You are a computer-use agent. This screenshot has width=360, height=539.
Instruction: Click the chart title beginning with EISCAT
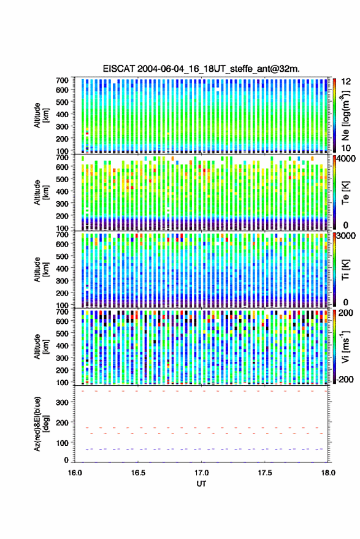tap(201, 69)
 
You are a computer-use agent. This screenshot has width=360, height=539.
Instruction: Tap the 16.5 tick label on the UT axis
tap(138, 473)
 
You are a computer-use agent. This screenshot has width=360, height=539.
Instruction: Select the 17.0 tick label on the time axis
tap(202, 473)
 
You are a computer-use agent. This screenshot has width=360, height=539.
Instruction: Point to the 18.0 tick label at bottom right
tap(328, 473)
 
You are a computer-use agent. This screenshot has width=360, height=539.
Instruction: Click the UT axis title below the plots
tap(202, 484)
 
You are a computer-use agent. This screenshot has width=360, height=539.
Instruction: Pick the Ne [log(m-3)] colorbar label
tap(345, 115)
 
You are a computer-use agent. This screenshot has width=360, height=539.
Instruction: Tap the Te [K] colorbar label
tap(345, 193)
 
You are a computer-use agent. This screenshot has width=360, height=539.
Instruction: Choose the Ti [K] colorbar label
tap(345, 270)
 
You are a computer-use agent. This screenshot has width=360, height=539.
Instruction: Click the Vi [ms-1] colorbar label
tap(345, 346)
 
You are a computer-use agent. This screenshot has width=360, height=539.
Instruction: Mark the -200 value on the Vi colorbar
tap(345, 379)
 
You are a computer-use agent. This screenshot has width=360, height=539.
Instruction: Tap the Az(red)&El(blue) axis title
tap(42, 424)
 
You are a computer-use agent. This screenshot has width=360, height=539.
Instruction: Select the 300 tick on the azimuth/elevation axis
tap(62, 402)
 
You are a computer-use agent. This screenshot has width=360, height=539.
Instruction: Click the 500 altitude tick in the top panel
tap(62, 102)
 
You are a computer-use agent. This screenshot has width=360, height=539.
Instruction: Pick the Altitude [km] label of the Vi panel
tap(41, 346)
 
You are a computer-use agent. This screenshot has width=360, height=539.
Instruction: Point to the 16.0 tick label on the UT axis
tap(75, 473)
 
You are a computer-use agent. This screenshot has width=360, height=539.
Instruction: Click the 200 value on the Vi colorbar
tap(345, 313)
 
